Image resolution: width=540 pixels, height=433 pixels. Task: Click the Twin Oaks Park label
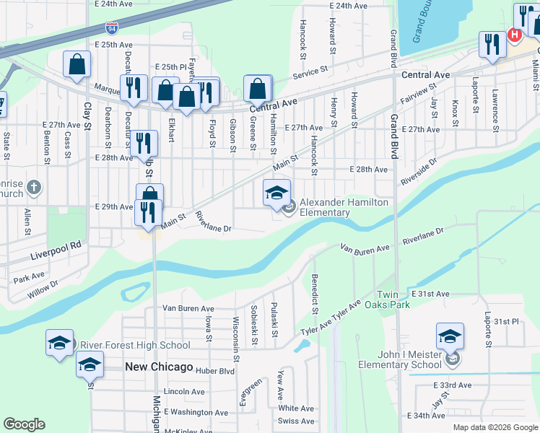403,300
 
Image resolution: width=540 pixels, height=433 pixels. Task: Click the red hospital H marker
515,34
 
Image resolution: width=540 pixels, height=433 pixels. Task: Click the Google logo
24,424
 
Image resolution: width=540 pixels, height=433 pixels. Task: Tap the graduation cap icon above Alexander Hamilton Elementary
276,193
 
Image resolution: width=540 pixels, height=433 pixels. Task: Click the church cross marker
33,189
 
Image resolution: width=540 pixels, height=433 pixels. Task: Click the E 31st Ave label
430,294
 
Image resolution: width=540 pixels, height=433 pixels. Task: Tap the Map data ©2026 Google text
495,427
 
